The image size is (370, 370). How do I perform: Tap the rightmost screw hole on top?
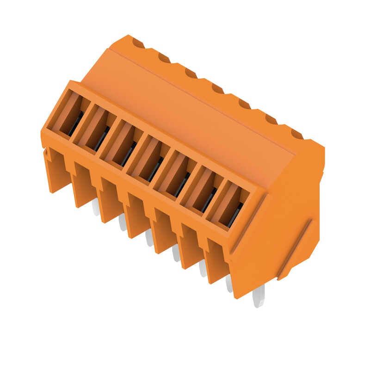pyautogui.click(x=297, y=135)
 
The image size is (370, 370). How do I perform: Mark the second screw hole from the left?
pyautogui.click(x=164, y=58)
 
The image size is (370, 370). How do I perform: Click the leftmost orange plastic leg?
pyautogui.click(x=56, y=171)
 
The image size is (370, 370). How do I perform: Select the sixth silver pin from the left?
pyautogui.click(x=229, y=283)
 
